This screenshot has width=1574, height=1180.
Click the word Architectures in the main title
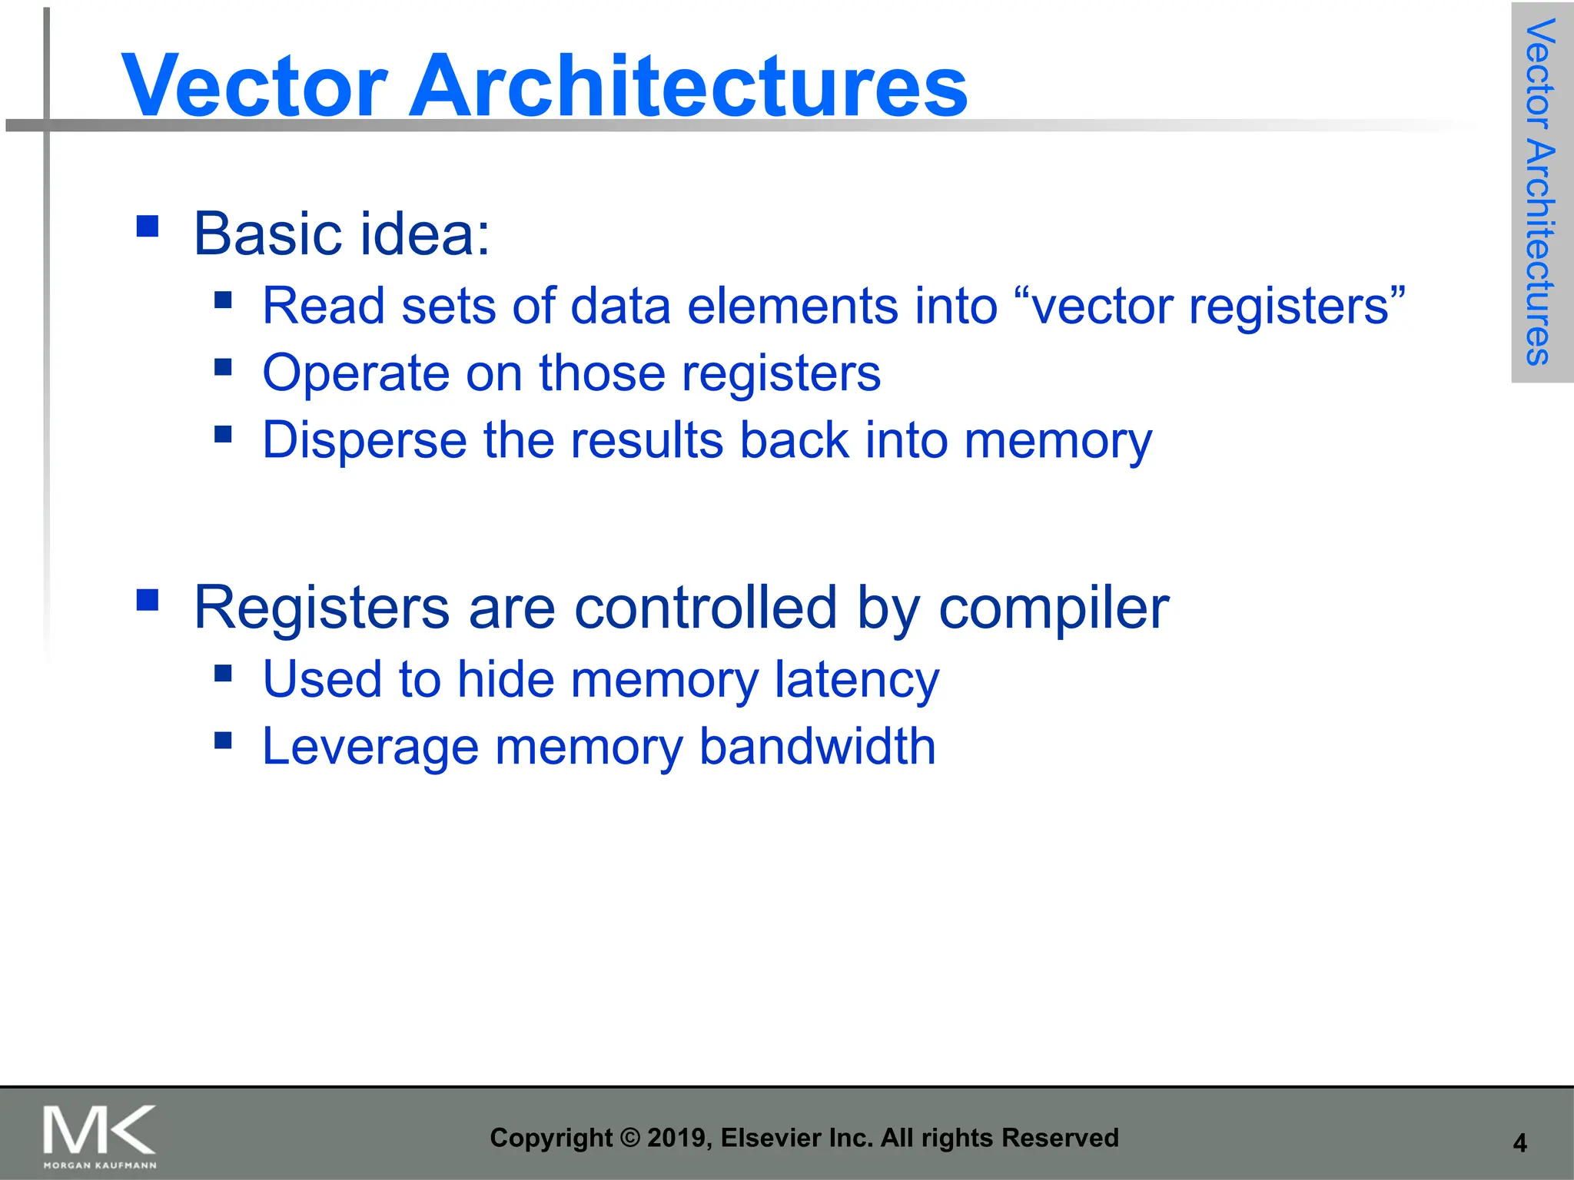pyautogui.click(x=688, y=86)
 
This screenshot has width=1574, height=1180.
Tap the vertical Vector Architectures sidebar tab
pyautogui.click(x=1540, y=192)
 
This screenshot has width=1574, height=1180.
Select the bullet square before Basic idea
pyautogui.click(x=148, y=226)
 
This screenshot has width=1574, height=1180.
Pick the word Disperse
pyautogui.click(x=364, y=441)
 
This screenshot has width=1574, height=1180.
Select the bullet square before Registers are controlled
pyautogui.click(x=148, y=599)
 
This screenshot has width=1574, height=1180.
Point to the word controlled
pyautogui.click(x=705, y=607)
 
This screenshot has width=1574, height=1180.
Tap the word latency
pyautogui.click(x=856, y=681)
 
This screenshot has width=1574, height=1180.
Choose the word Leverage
pyautogui.click(x=370, y=747)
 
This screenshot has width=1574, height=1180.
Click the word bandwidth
pyautogui.click(x=817, y=747)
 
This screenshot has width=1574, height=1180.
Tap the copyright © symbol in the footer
pyautogui.click(x=629, y=1138)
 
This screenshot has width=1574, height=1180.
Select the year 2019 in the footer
pyautogui.click(x=679, y=1138)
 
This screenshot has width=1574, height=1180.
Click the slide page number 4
pyautogui.click(x=1519, y=1143)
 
